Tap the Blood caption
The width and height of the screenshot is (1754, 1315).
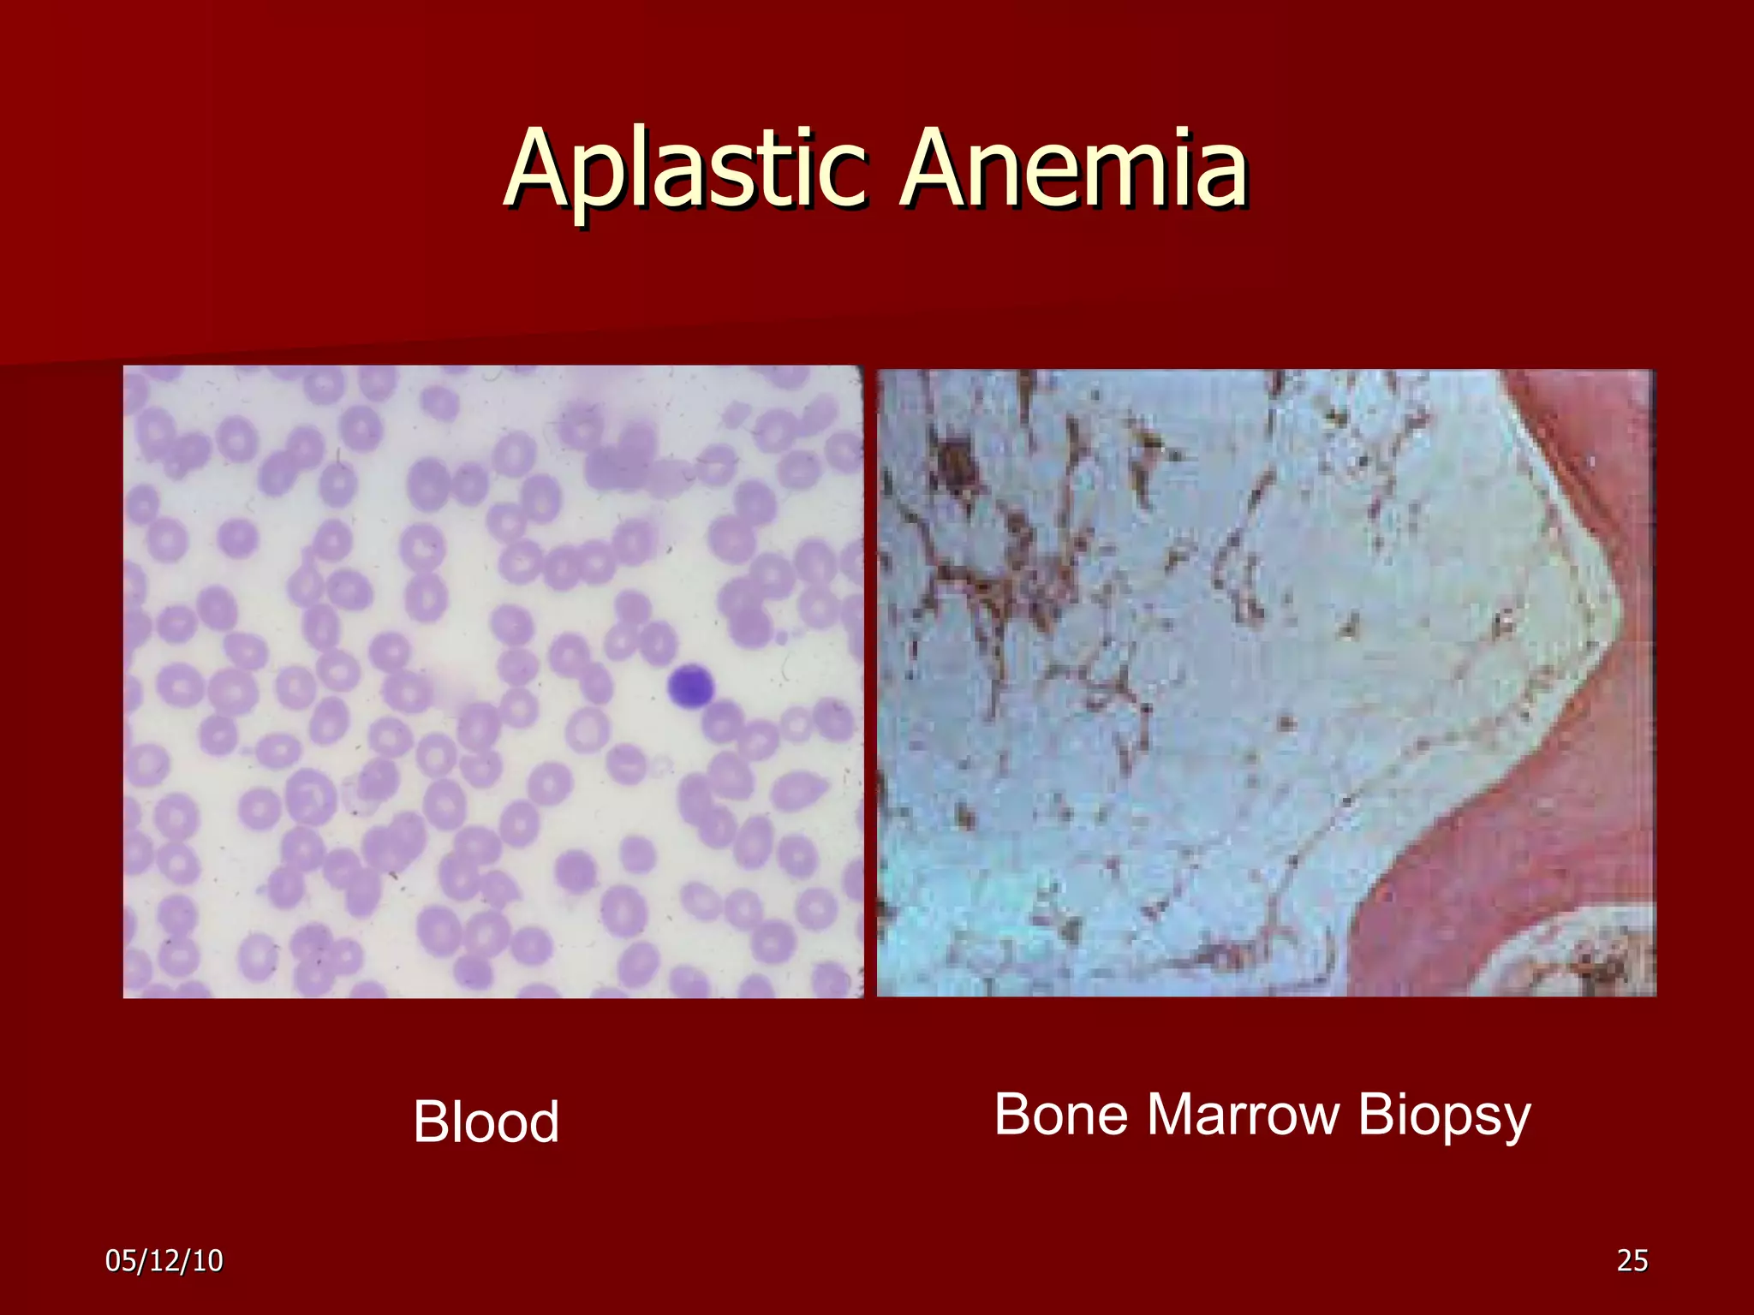486,1122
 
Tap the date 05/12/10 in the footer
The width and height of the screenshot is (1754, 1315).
164,1260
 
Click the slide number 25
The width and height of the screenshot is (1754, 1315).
1632,1260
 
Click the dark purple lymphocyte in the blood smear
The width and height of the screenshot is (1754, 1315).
690,687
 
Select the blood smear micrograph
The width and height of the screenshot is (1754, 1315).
492,681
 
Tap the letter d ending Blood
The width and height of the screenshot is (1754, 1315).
543,1122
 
